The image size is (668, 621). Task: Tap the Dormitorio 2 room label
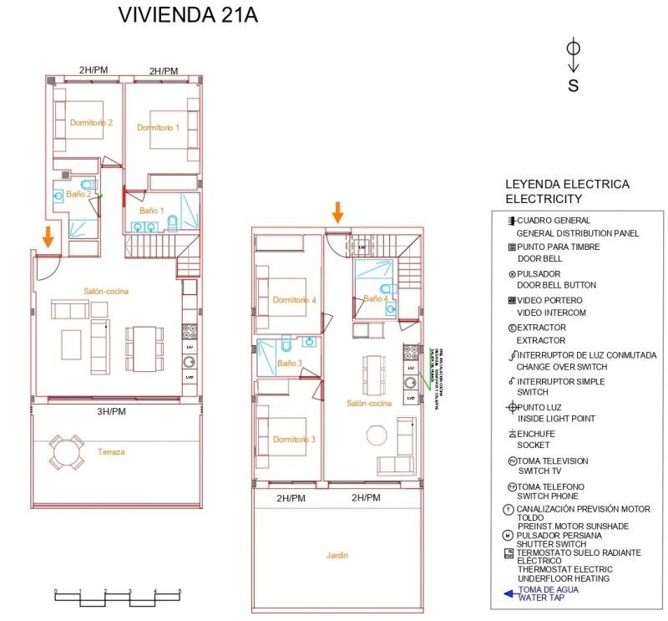click(91, 122)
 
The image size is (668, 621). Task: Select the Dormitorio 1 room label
click(159, 128)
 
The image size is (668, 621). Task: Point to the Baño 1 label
click(151, 211)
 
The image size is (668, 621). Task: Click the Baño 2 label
click(78, 194)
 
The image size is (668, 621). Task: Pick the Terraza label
click(110, 452)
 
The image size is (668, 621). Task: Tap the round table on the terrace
click(65, 452)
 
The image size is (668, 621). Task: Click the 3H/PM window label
click(110, 411)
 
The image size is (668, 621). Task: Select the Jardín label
click(337, 555)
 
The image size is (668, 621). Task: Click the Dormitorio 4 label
click(294, 300)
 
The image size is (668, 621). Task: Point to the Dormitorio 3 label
click(294, 440)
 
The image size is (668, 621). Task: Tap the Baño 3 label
click(289, 364)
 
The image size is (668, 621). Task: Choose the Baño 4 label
click(375, 298)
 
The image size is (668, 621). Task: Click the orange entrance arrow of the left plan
click(48, 237)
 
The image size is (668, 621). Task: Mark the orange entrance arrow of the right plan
click(337, 212)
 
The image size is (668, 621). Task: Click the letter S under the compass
click(573, 85)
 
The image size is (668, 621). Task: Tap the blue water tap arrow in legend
click(509, 594)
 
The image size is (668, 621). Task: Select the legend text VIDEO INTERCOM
click(551, 313)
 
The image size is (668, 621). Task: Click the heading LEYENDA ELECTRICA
click(567, 185)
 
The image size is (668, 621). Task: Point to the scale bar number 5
click(180, 591)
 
